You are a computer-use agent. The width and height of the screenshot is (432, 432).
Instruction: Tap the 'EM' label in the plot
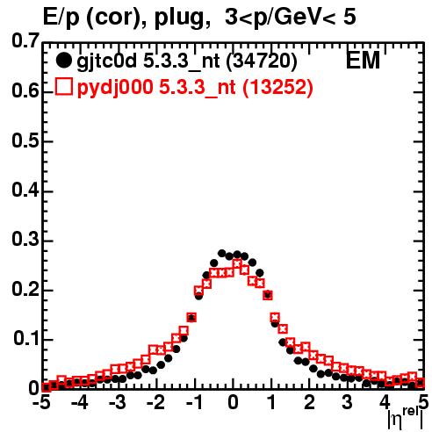tap(363, 60)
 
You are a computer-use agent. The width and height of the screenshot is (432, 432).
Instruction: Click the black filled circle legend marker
tap(63, 61)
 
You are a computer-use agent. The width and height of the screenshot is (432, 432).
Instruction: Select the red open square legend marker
tap(63, 86)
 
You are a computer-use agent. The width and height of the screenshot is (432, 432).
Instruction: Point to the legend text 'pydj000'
tap(115, 88)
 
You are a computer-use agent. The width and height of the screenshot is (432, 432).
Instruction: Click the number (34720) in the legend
tap(262, 61)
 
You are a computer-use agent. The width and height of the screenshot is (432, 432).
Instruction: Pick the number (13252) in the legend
tap(278, 87)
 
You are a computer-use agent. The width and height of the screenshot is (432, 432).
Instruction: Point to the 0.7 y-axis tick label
tap(25, 41)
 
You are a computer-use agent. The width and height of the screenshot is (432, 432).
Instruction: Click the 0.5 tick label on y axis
tap(25, 140)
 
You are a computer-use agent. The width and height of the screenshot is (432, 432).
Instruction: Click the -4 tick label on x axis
tap(79, 403)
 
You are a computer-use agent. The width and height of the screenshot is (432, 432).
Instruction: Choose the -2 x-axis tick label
tap(155, 403)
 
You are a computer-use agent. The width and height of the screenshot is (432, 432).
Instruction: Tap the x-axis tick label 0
tap(233, 403)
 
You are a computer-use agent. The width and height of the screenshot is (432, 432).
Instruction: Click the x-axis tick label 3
tap(347, 403)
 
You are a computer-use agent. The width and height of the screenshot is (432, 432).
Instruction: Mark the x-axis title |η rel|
tap(406, 419)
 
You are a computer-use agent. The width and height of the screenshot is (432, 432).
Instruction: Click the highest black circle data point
tap(222, 253)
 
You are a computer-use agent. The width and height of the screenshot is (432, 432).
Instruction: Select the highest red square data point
tap(237, 264)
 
